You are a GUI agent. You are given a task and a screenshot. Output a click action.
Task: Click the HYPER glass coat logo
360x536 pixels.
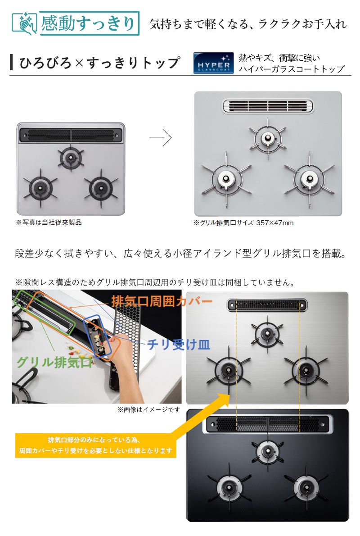213,63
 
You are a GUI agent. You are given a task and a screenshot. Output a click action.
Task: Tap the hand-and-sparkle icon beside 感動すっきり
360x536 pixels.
25,23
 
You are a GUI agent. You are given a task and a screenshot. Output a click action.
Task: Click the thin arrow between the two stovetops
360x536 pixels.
160,138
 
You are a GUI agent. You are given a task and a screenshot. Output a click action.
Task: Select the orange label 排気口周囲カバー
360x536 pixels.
162,301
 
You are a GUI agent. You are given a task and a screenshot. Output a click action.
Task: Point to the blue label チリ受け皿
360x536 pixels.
179,345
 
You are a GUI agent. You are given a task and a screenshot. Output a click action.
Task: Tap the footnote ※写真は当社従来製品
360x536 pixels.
49,223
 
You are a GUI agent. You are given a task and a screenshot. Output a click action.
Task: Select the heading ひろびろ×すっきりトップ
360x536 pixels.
99,63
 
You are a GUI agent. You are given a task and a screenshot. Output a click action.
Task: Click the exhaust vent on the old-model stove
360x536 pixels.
71,135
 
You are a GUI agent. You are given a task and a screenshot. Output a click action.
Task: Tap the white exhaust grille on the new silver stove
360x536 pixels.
268,106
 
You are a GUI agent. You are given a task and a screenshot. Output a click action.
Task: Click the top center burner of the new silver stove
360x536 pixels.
268,139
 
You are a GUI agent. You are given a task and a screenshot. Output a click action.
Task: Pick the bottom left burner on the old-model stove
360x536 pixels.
40,188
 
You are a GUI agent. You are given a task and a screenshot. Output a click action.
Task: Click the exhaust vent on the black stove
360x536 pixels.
268,424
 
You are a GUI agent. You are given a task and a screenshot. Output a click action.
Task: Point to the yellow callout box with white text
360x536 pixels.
95,445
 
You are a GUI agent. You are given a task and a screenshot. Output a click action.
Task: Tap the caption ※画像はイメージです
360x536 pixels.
148,409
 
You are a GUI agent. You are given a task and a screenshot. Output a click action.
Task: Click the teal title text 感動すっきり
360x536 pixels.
89,23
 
